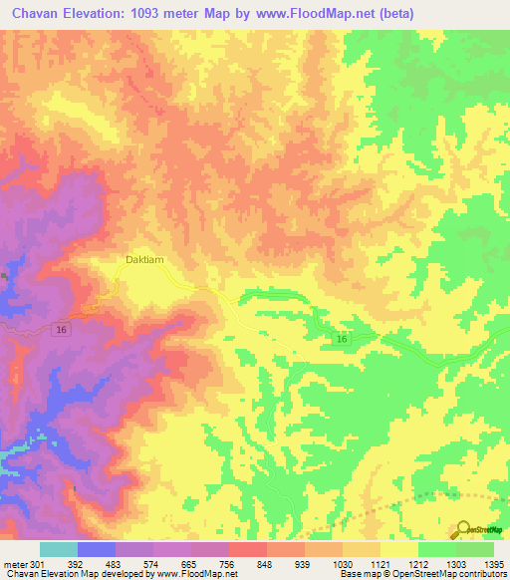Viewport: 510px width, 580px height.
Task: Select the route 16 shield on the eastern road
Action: pyautogui.click(x=342, y=340)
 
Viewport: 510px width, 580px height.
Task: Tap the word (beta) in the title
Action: pyautogui.click(x=392, y=13)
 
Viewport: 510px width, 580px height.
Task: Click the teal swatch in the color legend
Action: pyautogui.click(x=59, y=549)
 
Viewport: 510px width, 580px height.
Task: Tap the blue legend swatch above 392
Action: pyautogui.click(x=97, y=549)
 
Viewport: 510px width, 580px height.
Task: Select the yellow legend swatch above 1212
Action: pyautogui.click(x=399, y=549)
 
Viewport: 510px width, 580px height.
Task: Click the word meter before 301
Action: pyautogui.click(x=13, y=564)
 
